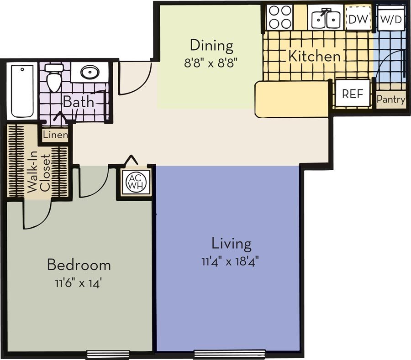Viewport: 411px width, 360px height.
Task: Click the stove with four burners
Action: [280, 17]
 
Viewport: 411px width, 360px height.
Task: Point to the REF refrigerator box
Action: [353, 94]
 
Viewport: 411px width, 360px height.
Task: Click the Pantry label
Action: [391, 99]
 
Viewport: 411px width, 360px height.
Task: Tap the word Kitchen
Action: [315, 57]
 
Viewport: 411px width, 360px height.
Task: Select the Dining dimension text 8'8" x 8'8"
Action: [212, 63]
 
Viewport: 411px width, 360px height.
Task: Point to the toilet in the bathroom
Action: [54, 78]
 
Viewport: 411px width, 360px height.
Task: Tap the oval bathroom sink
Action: [90, 72]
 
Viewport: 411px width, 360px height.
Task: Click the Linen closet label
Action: [56, 135]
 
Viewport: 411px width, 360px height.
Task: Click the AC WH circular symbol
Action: [134, 183]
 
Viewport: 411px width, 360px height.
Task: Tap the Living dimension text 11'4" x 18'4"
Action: [231, 262]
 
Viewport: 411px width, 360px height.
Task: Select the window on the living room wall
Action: [229, 354]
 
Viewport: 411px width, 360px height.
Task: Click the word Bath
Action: [79, 102]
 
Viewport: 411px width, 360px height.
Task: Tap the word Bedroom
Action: [79, 265]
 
